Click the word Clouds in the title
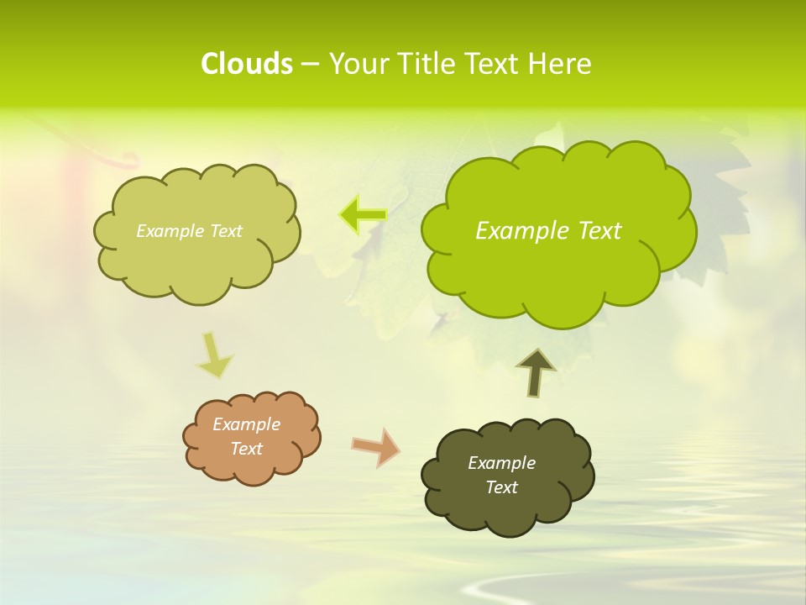coord(247,64)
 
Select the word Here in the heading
coord(561,64)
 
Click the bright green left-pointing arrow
coord(363,215)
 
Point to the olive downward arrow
coord(213,356)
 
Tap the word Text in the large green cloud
coord(599,231)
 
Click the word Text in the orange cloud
coord(247,449)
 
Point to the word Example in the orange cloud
coord(247,424)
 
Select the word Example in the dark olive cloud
coord(501,463)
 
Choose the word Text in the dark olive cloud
coord(501,487)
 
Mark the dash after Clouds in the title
coord(310,65)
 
